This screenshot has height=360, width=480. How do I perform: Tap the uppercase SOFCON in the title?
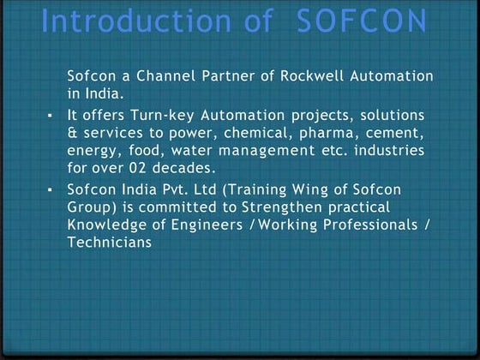tap(360, 21)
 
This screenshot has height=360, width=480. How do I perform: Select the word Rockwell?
tap(307, 76)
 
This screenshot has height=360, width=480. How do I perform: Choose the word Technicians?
tap(109, 243)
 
